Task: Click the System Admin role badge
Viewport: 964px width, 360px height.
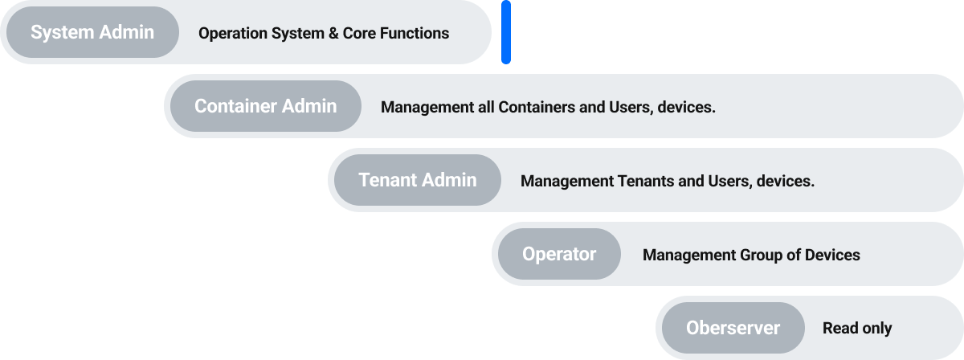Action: click(92, 32)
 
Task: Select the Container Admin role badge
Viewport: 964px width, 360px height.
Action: click(265, 106)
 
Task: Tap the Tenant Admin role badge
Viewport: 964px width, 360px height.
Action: click(417, 180)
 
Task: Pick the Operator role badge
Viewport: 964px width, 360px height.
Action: click(559, 254)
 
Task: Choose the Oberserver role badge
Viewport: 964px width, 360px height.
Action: click(733, 328)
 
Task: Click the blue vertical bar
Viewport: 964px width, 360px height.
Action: click(506, 32)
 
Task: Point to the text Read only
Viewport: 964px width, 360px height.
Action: click(857, 328)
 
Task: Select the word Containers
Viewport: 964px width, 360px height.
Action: click(537, 107)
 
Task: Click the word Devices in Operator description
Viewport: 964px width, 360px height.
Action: click(832, 255)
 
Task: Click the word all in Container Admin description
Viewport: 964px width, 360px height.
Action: click(485, 107)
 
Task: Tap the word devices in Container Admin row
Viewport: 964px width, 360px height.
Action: click(685, 107)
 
